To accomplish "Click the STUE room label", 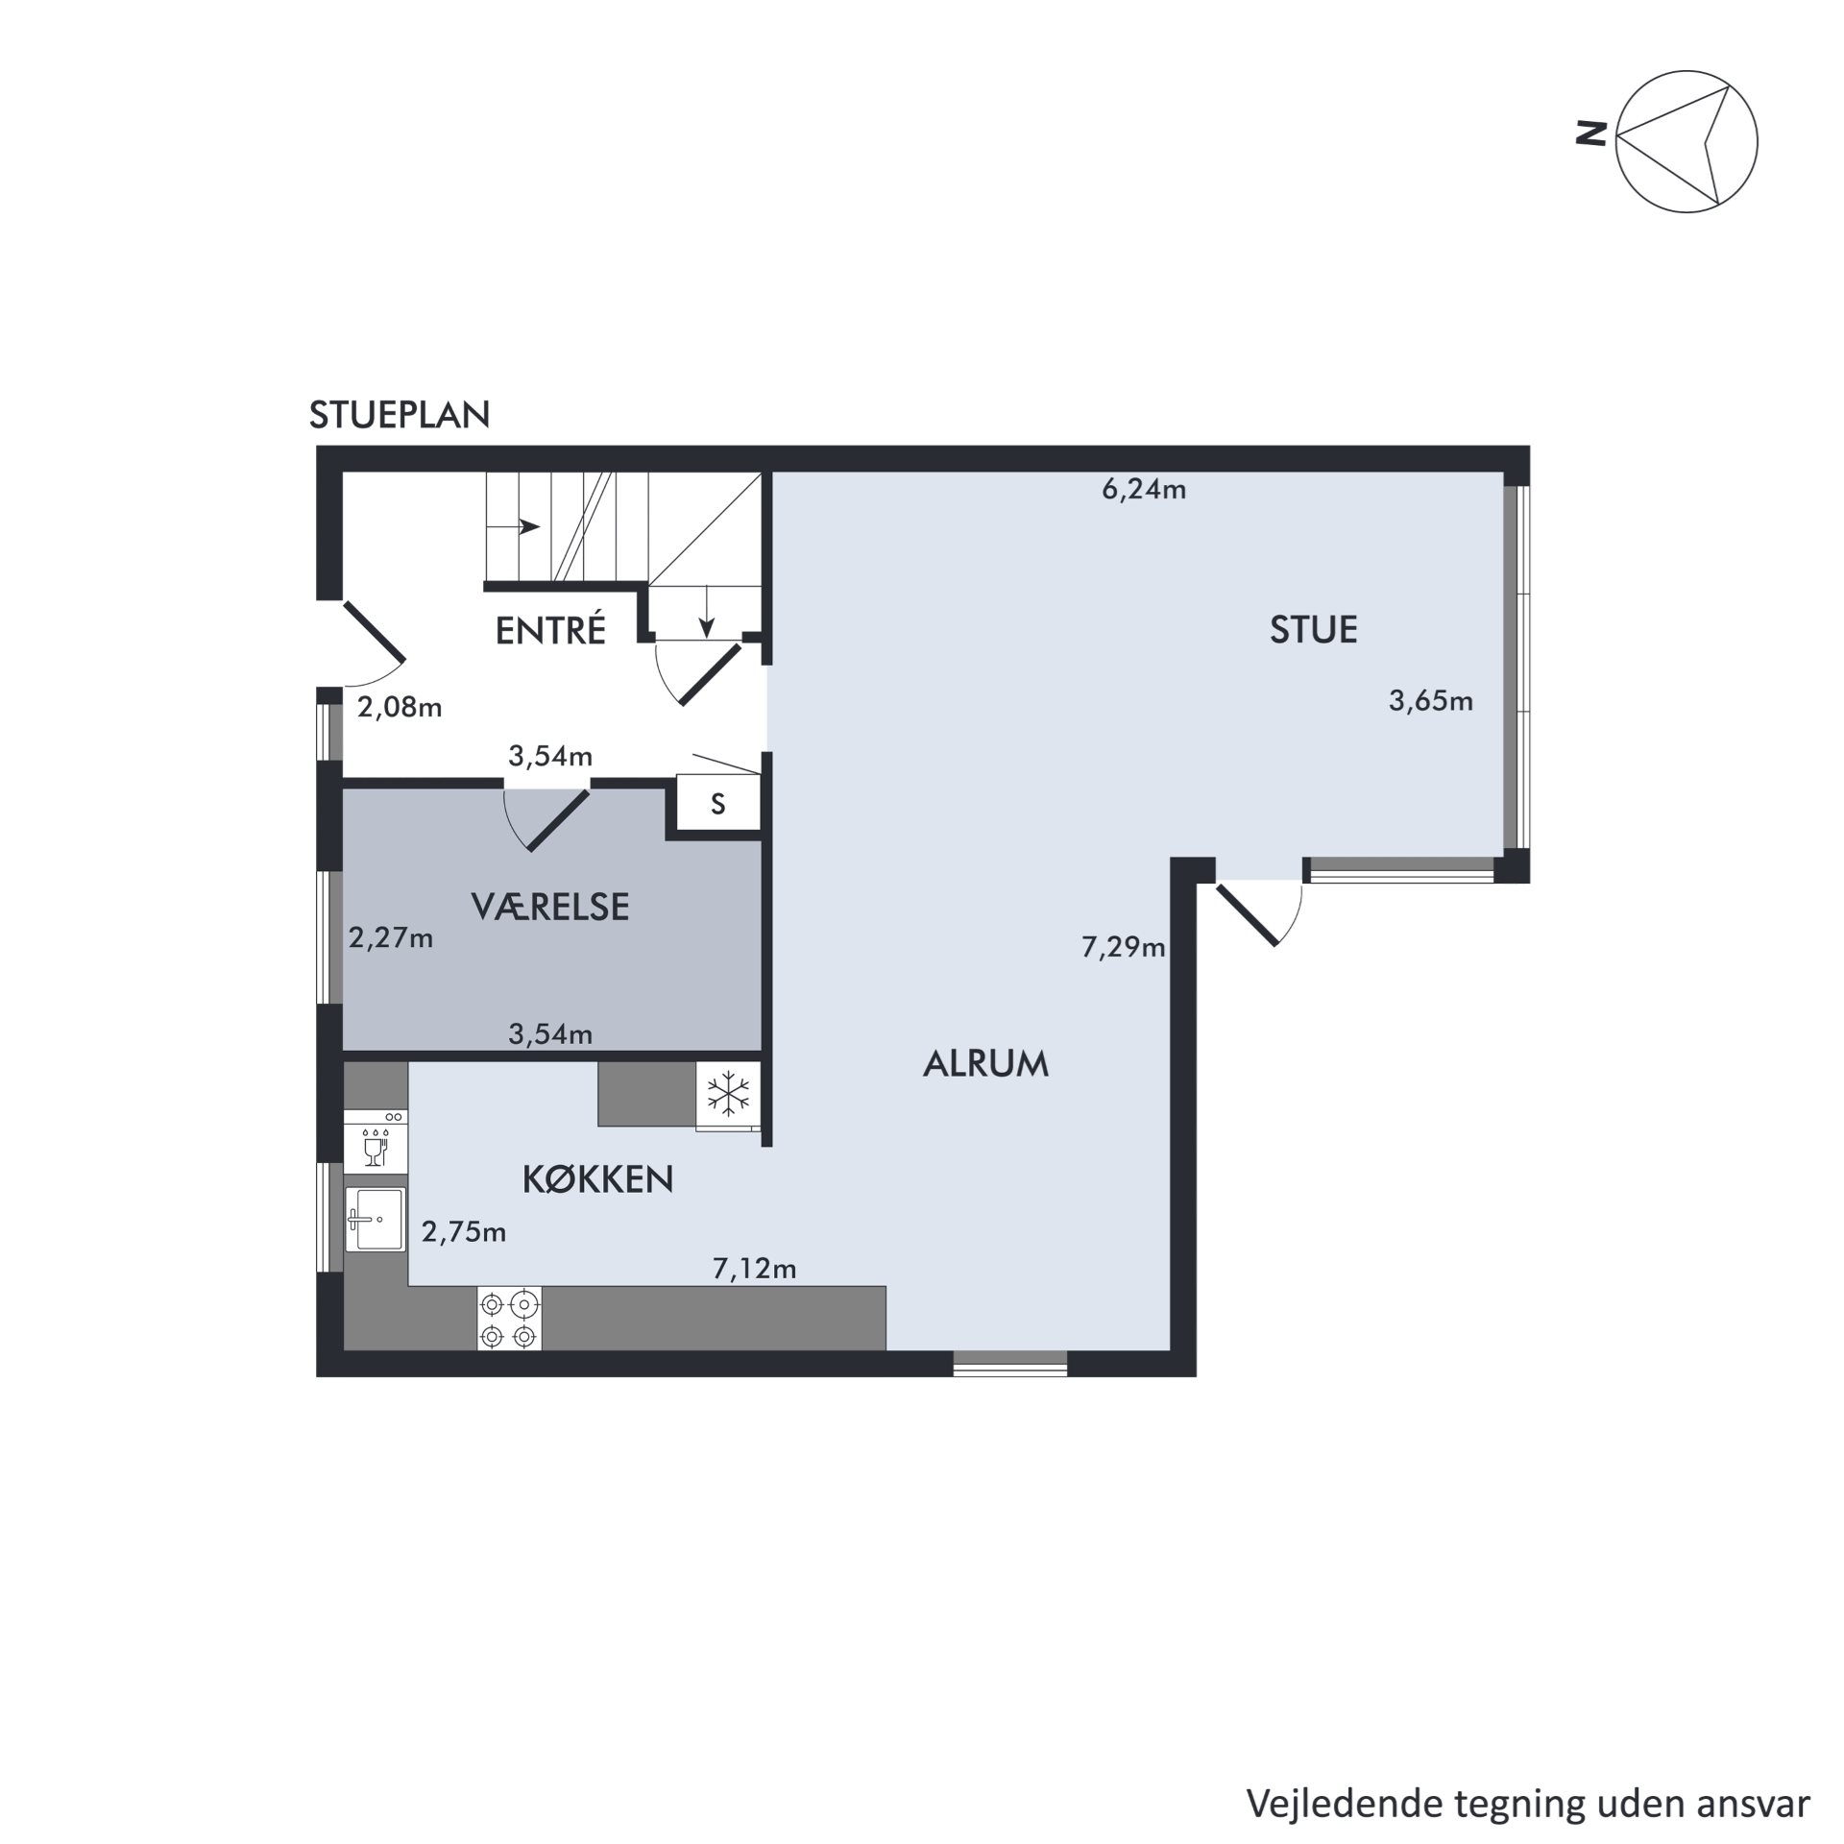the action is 1313,630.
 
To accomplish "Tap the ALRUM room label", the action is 985,1064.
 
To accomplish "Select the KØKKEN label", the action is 597,1179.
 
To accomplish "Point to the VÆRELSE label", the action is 550,907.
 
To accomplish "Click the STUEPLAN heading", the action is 400,415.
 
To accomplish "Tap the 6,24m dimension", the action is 1144,490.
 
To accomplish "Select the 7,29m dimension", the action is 1124,948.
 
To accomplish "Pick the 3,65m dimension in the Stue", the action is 1431,701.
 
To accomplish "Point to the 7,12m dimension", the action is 755,1270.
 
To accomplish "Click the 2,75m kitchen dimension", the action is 464,1231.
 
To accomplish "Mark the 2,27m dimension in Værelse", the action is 391,937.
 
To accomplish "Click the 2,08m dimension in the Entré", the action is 400,708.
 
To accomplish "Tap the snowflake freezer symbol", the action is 729,1096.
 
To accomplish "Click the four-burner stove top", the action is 509,1319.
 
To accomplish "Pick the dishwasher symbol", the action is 376,1140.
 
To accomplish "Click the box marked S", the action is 718,804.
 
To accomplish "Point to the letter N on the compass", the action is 1592,133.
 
